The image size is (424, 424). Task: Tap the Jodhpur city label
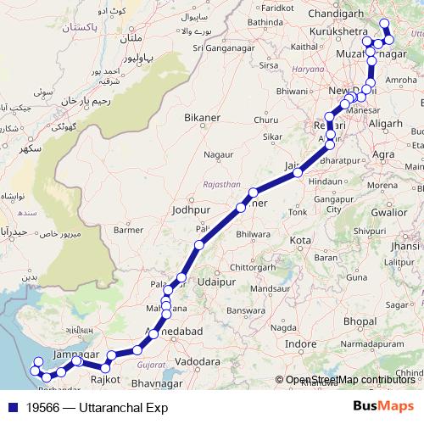click(x=189, y=209)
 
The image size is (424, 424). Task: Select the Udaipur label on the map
click(x=215, y=281)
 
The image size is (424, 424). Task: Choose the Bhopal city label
click(x=360, y=321)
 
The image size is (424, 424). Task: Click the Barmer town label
click(x=129, y=229)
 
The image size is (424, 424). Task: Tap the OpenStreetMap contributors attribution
click(x=349, y=381)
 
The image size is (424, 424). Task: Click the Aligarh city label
click(x=390, y=123)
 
